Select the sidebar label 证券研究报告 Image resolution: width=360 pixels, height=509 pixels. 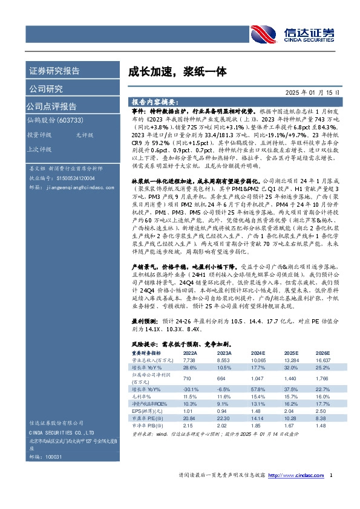pos(54,71)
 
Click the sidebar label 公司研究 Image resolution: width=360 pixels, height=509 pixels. pos(46,89)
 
